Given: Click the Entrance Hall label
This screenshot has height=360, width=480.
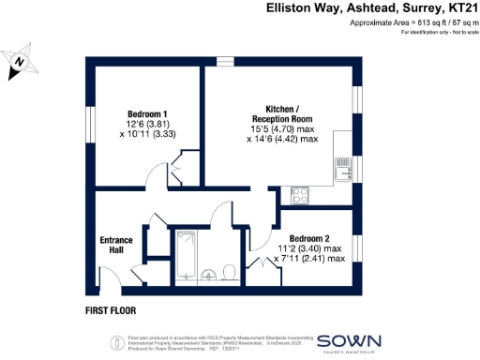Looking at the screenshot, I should [x=116, y=246].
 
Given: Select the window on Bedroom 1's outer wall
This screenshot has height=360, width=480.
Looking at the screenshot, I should [x=94, y=121].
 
